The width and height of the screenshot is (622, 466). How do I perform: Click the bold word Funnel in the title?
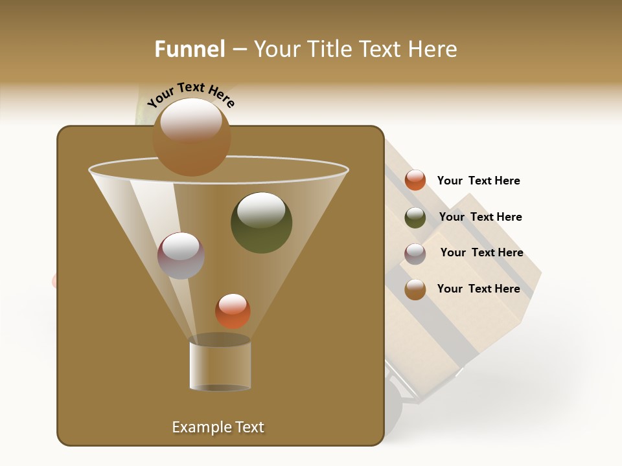point(189,49)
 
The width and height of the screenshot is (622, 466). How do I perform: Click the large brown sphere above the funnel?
point(191,137)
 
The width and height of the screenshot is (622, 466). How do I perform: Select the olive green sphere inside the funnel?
point(261,223)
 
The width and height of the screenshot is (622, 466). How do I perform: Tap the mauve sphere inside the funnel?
point(181,256)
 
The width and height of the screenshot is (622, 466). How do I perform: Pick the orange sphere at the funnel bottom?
point(233,311)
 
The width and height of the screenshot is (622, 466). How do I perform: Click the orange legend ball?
point(415,180)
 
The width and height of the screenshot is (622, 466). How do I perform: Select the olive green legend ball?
point(415,217)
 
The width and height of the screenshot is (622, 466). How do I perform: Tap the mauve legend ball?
point(415,253)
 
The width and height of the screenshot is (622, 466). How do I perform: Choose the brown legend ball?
point(415,289)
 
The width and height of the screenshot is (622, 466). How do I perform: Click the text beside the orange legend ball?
point(478,181)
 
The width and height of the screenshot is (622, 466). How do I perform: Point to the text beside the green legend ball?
point(480,217)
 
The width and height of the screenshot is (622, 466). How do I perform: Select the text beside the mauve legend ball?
point(481,252)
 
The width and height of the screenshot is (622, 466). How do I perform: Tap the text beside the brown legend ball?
point(478,289)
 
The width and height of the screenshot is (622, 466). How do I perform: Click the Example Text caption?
point(218,427)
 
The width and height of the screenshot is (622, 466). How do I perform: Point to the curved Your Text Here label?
point(190,94)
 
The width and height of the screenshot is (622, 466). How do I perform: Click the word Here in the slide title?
point(433,49)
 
